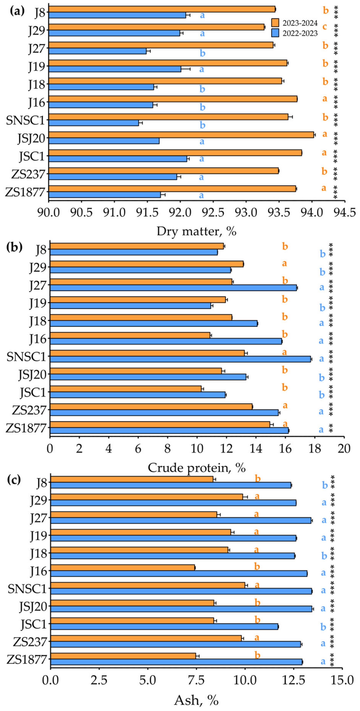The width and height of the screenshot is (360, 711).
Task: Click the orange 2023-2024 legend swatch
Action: coord(275,23)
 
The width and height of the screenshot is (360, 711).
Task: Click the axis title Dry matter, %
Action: coord(197,231)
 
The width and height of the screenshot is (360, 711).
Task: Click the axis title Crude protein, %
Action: coord(197,468)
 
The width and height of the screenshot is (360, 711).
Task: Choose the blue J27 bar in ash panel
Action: coord(181,521)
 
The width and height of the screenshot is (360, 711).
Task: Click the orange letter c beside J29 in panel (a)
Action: coord(325,27)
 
